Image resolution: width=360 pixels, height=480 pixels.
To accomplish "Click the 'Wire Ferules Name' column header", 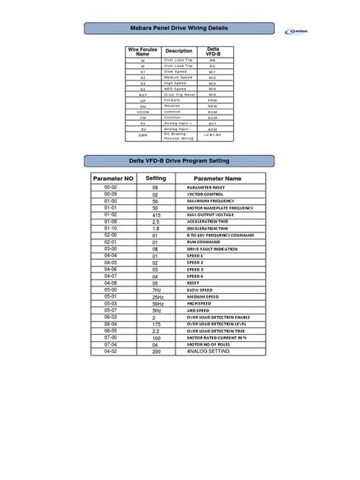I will (143, 52).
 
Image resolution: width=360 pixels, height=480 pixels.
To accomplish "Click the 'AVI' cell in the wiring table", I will (213, 123).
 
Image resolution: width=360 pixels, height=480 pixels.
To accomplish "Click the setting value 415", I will (156, 215).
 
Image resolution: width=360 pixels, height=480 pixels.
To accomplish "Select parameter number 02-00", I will (111, 235).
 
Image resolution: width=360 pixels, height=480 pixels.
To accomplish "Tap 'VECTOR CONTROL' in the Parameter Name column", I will (205, 194).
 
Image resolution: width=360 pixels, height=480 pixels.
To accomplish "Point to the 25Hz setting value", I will (157, 296).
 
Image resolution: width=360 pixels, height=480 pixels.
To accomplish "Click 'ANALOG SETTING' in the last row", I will (208, 352).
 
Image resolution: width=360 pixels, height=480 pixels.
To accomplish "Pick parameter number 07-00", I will (111, 337).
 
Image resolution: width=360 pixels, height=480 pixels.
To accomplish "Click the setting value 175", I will (156, 324).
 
